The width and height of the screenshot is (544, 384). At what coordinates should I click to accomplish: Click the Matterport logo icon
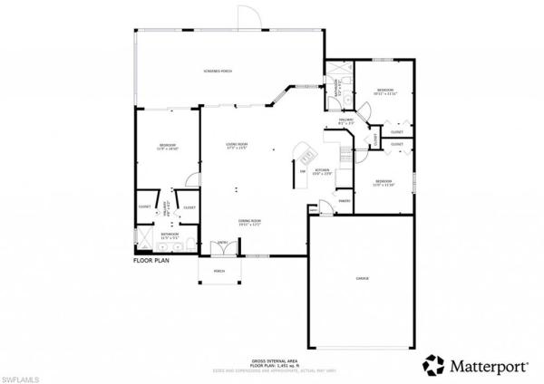click(433, 364)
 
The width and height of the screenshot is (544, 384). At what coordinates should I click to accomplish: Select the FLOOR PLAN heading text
click(151, 260)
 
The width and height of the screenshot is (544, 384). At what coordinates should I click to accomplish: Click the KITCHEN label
click(322, 169)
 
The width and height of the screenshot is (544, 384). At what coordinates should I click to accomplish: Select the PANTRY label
click(345, 201)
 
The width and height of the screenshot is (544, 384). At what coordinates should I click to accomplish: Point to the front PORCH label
click(219, 271)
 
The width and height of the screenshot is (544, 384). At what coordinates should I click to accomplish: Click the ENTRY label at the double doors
click(222, 243)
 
